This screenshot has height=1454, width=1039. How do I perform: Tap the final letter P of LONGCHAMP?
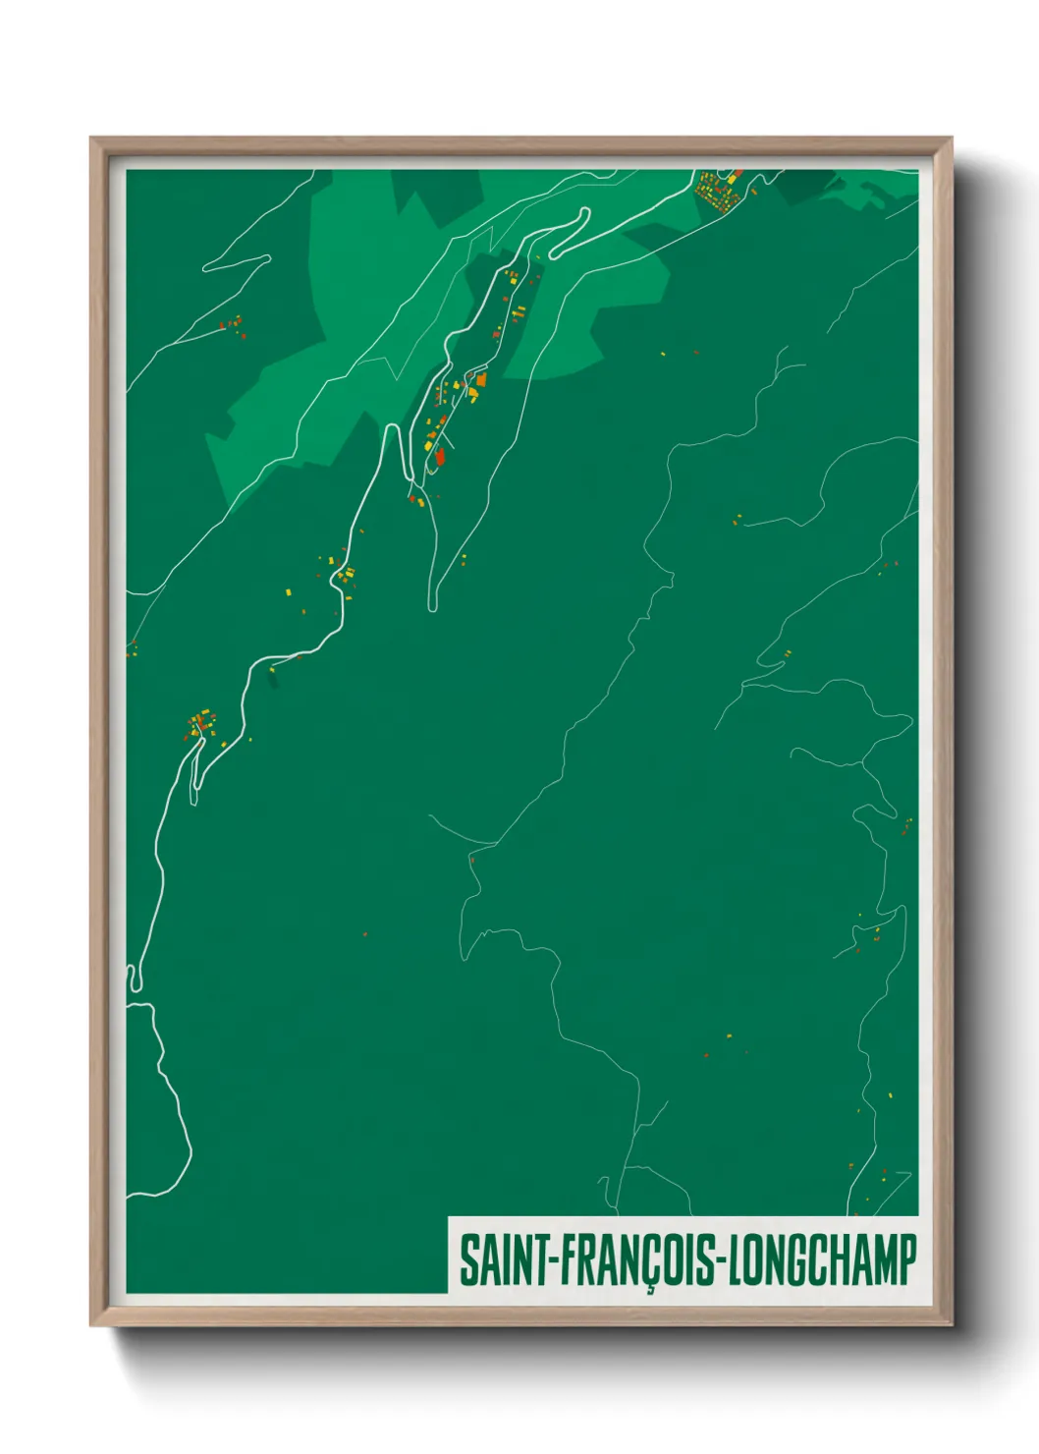(907, 1260)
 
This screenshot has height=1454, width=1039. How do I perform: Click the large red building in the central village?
(440, 455)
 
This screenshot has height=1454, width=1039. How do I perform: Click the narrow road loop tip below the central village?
(432, 606)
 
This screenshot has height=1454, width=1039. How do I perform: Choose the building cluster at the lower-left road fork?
(200, 726)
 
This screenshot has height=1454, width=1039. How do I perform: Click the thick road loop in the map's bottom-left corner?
(134, 977)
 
